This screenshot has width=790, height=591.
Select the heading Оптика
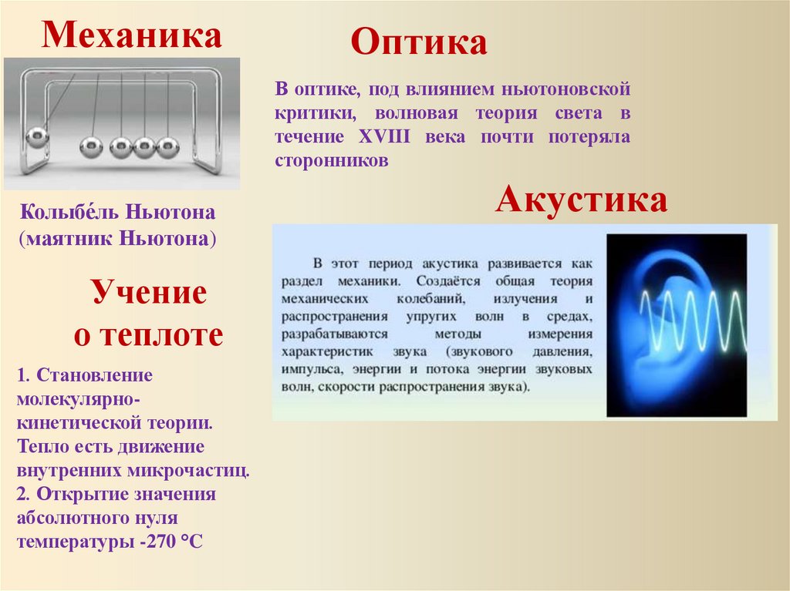(x=419, y=43)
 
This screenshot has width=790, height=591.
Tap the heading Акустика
(x=581, y=200)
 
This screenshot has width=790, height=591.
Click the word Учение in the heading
(x=150, y=294)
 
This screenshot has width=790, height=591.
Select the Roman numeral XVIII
(x=387, y=137)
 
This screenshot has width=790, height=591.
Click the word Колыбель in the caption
(x=64, y=211)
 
